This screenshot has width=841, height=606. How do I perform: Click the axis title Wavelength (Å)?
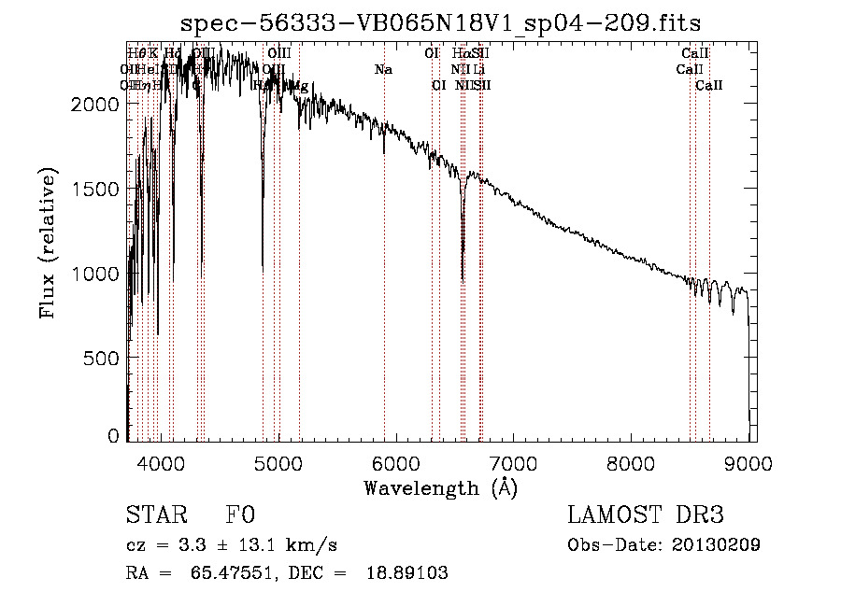pos(440,487)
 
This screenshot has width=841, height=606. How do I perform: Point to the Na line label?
pos(383,70)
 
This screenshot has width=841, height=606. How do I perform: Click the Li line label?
pos(479,70)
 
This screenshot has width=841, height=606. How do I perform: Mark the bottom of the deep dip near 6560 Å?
pos(463,278)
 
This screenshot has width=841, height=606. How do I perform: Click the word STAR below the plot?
pos(155,515)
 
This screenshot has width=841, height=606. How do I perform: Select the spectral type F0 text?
pos(240,515)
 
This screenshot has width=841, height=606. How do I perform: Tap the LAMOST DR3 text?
pos(646,515)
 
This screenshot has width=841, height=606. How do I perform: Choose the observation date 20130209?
pos(714,545)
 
